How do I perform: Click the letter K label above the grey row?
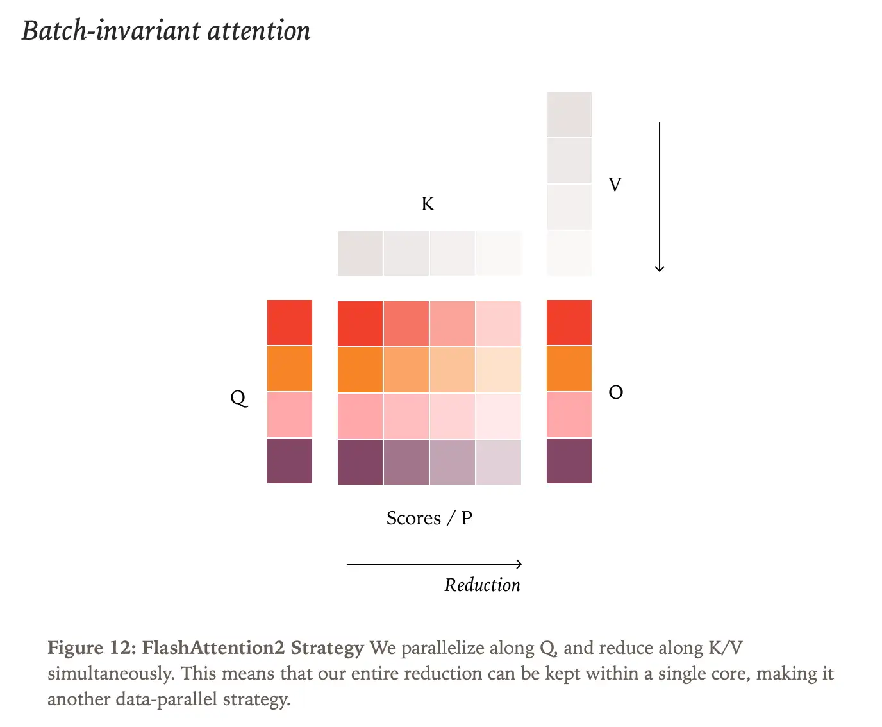(428, 204)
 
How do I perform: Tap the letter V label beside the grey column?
(615, 185)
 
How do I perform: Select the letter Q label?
(238, 398)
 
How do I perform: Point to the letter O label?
(615, 392)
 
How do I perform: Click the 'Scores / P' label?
(429, 518)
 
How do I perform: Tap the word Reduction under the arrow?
(482, 585)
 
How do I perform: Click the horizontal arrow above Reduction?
(434, 564)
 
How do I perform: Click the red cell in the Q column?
(290, 322)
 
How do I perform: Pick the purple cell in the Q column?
(290, 461)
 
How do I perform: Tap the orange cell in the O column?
(569, 369)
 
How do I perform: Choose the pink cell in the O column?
(569, 415)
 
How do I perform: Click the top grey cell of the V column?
(569, 115)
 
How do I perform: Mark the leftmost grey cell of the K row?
(360, 254)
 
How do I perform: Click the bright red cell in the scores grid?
(360, 324)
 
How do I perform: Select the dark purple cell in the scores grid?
(360, 462)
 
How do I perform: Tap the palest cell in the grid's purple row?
(499, 462)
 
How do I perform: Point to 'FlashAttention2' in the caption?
(213, 648)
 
